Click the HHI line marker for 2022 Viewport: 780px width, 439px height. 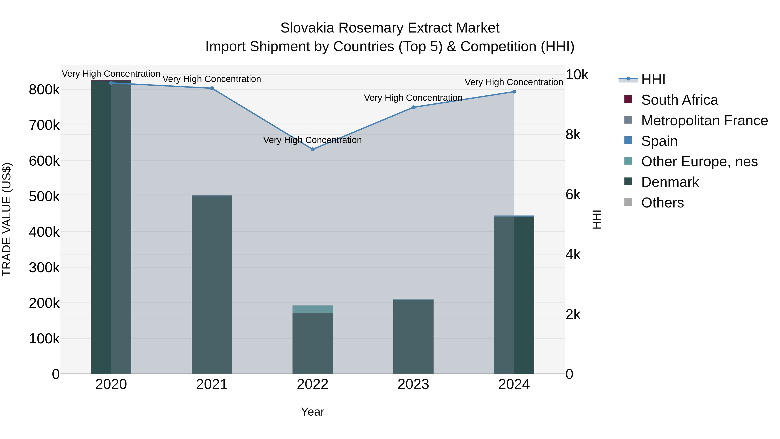click(x=312, y=149)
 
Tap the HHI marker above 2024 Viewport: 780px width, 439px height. click(x=514, y=92)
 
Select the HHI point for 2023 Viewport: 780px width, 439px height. click(x=413, y=107)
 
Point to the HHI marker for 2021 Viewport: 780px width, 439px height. click(x=212, y=88)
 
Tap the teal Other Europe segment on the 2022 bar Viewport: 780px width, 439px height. click(x=312, y=309)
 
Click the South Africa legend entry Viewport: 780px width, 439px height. click(x=679, y=100)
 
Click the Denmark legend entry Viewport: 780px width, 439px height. click(x=670, y=182)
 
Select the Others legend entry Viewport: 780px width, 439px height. click(x=662, y=203)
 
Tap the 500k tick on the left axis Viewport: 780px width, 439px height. click(x=44, y=197)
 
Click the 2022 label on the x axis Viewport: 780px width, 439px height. click(x=312, y=384)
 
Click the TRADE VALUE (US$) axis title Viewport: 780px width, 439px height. click(x=7, y=219)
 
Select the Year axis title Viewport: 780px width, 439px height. click(x=312, y=412)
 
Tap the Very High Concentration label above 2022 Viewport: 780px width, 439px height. click(x=312, y=140)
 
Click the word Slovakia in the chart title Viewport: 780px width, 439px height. click(x=307, y=28)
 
